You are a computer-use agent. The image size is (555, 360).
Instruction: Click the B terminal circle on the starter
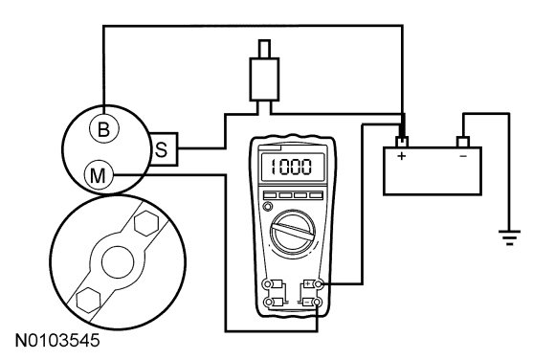[x=103, y=129]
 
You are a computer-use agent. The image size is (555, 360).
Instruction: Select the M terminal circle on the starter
[x=99, y=175]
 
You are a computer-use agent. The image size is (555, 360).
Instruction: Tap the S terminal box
[x=164, y=149]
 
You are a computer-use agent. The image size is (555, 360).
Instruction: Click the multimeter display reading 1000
[x=292, y=167]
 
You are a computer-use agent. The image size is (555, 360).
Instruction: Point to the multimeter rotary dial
[x=293, y=232]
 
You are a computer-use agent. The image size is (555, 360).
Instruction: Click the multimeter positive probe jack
[x=319, y=283]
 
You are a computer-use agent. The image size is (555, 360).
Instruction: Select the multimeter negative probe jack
[x=318, y=303]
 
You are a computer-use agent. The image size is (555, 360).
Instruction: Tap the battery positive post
[x=402, y=142]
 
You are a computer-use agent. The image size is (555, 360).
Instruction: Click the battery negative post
[x=463, y=142]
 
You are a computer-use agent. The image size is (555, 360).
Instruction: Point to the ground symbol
[x=509, y=237]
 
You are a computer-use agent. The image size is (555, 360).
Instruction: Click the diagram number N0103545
[x=57, y=341]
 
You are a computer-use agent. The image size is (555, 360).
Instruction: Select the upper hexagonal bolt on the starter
[x=146, y=224]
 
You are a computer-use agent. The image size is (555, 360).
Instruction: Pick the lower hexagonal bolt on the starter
[x=88, y=300]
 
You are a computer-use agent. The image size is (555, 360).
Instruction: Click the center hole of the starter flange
[x=118, y=262]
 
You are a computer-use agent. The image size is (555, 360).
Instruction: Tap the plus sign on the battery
[x=401, y=155]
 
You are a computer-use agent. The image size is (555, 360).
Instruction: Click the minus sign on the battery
[x=462, y=156]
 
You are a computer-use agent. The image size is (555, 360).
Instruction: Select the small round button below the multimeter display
[x=268, y=206]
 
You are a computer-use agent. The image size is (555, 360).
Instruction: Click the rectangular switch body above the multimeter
[x=264, y=79]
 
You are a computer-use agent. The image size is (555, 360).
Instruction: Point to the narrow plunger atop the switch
[x=264, y=49]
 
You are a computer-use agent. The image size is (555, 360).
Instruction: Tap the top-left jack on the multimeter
[x=268, y=283]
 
